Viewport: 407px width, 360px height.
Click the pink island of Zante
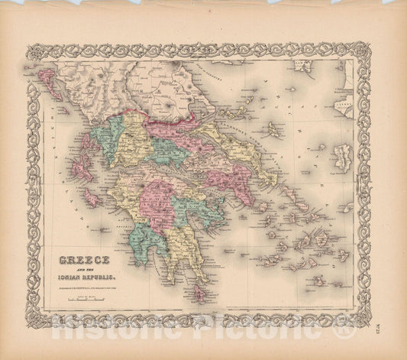pos(91,196)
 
